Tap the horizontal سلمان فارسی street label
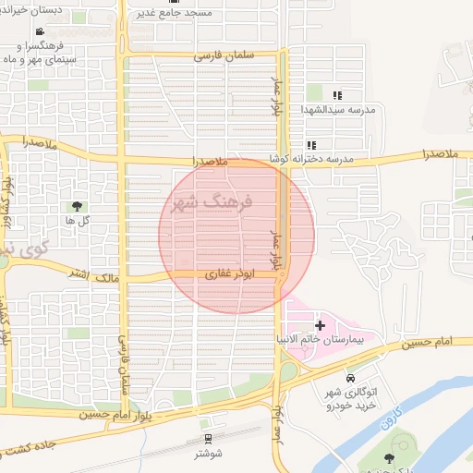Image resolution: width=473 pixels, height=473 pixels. (x=222, y=55)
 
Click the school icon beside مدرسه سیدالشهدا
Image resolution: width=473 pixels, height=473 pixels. (x=337, y=95)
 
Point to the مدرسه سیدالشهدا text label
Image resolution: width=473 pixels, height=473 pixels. (x=338, y=110)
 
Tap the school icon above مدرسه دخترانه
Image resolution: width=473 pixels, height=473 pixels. (x=312, y=145)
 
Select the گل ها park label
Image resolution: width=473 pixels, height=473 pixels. (x=78, y=221)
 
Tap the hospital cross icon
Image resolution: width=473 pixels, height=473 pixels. (x=320, y=325)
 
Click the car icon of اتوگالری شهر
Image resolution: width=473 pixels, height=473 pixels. (x=350, y=379)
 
